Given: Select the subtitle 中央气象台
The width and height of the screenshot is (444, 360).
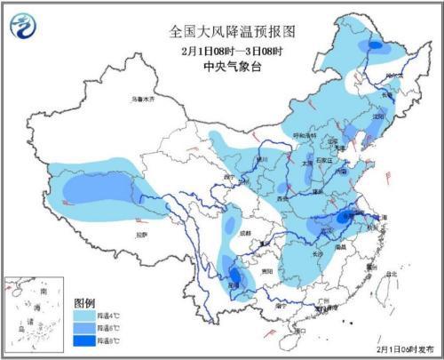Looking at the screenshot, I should (232, 64).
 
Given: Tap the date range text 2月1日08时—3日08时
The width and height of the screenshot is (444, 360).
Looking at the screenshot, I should (232, 49).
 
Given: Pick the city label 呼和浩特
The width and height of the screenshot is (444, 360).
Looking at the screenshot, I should (304, 134).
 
